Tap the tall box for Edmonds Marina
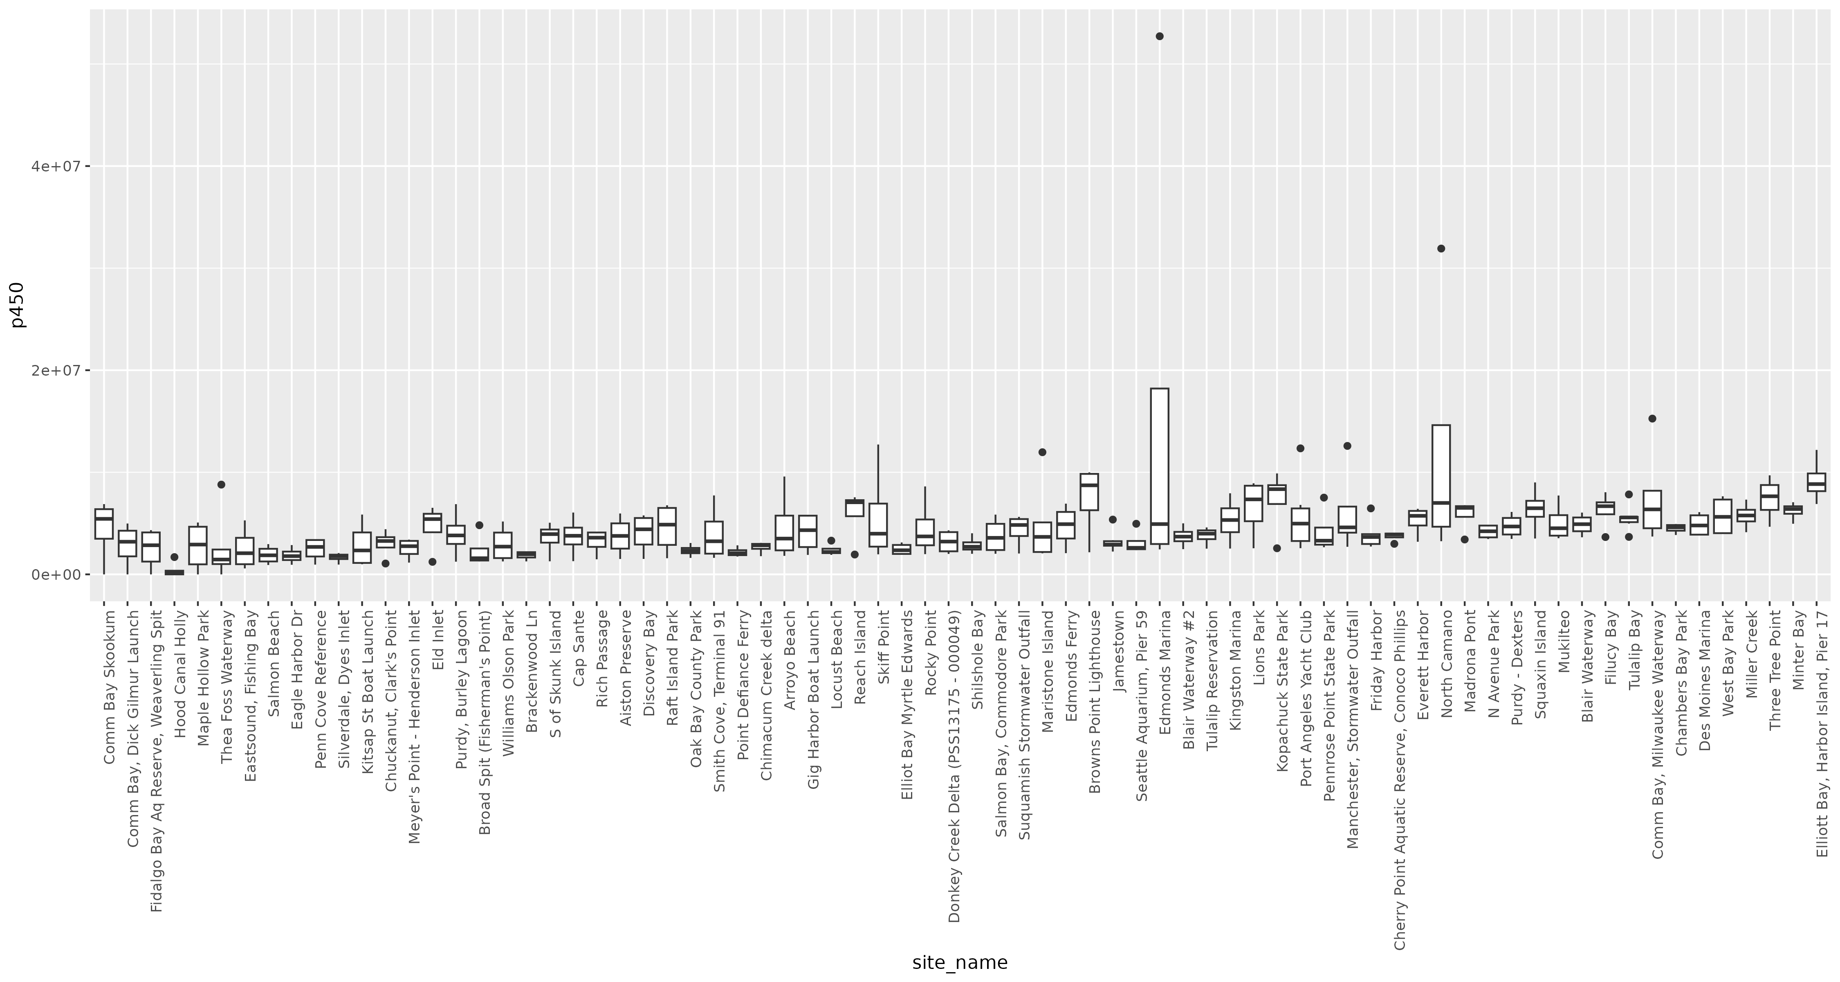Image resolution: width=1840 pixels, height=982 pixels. coord(1159,464)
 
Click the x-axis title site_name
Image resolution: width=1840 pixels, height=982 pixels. coord(959,963)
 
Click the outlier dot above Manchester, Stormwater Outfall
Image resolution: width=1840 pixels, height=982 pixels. coord(1347,446)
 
